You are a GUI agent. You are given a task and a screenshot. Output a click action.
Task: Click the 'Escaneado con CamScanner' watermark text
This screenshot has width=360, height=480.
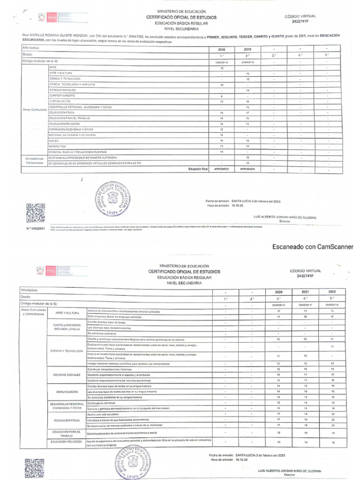pyautogui.click(x=312, y=247)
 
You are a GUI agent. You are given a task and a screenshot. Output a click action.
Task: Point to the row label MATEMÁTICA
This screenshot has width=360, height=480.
pyautogui.click(x=57, y=146)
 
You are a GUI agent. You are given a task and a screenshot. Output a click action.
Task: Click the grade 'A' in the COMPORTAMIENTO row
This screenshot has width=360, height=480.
pyautogui.click(x=221, y=96)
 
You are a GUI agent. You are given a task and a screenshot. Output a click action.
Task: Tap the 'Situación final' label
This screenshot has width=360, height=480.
pyautogui.click(x=197, y=169)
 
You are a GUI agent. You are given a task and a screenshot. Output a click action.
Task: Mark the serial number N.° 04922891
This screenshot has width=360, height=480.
pyautogui.click(x=36, y=228)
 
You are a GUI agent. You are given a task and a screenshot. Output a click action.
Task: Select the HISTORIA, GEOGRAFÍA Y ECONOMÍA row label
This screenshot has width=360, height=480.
pyautogui.click(x=72, y=135)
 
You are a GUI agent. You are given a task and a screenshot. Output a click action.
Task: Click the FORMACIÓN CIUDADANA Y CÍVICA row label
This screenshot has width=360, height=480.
pyautogui.click(x=71, y=129)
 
